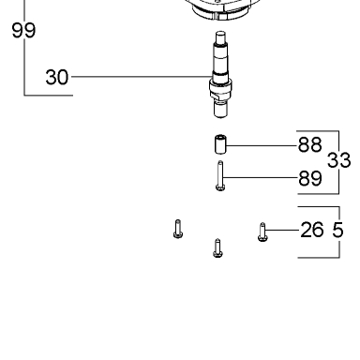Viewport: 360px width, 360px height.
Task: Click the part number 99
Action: tap(23, 30)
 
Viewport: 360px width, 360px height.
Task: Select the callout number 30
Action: tap(56, 77)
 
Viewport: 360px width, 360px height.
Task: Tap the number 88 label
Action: tap(309, 144)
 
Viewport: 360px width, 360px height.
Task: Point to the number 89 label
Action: tap(309, 178)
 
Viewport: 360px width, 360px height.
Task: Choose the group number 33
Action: tap(338, 160)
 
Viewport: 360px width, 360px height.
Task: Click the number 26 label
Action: tap(311, 230)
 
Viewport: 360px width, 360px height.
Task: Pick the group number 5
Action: tap(337, 230)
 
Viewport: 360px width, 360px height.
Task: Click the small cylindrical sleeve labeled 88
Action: tap(220, 144)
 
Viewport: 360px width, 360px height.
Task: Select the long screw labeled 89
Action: tap(220, 175)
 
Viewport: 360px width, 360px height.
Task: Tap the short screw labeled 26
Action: tap(262, 232)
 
